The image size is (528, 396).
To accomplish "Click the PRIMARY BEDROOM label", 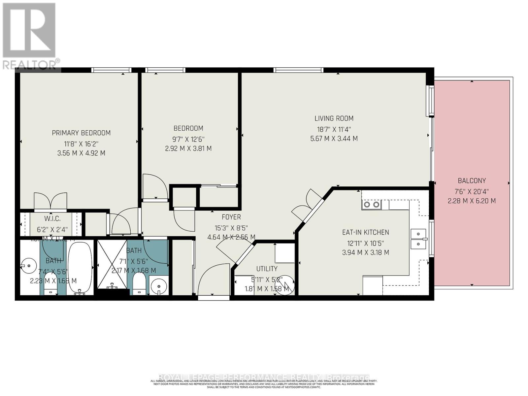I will (x=81, y=133).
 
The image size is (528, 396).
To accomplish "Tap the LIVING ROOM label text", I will (x=334, y=118).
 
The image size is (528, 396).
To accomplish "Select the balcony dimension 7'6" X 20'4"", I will (x=472, y=191).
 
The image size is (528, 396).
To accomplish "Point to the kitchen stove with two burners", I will (x=371, y=205).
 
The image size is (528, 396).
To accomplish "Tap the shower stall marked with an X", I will (x=112, y=264).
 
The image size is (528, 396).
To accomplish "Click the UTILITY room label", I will (x=267, y=269).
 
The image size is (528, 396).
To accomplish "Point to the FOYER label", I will (x=231, y=217).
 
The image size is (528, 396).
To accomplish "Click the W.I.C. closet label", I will (x=51, y=218).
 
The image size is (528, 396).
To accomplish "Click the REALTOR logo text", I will (x=30, y=64).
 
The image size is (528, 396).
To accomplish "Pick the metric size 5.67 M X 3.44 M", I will (x=334, y=139).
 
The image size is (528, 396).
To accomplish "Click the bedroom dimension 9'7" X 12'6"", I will (x=188, y=139).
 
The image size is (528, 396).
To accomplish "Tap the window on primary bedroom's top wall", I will (x=111, y=70).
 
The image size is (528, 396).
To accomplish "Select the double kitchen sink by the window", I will (x=418, y=239).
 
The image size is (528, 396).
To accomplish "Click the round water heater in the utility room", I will (x=284, y=284).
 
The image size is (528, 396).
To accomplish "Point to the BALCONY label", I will (x=472, y=181).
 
